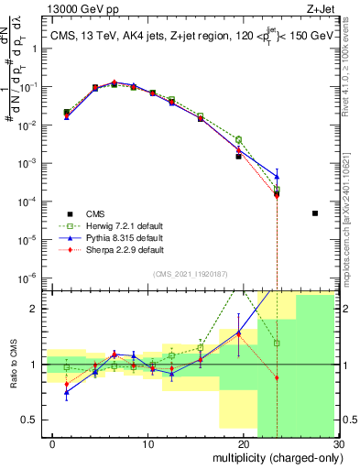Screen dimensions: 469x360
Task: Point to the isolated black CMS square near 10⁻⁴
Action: pyautogui.click(x=315, y=213)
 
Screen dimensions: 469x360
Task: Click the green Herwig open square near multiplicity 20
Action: pyautogui.click(x=238, y=139)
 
